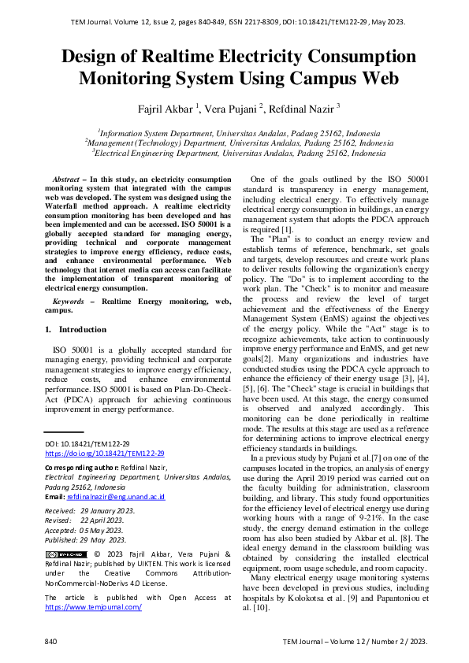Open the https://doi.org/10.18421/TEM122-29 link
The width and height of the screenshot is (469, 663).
(104, 454)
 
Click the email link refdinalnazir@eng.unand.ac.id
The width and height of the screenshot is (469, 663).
(116, 498)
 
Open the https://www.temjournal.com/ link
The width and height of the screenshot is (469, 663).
(93, 607)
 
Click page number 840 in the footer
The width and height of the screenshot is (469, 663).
(51, 642)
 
